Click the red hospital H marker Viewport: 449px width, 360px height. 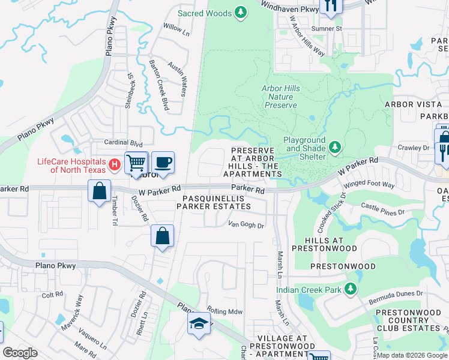[x=114, y=164]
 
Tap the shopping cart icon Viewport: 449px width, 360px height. [x=136, y=162]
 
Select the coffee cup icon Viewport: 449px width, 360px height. [x=162, y=162]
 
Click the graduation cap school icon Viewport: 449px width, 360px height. [x=197, y=324]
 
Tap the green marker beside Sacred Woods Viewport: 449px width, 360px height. [x=241, y=12]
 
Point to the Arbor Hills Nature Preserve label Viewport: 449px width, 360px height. [x=279, y=97]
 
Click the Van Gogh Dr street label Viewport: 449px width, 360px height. [x=246, y=226]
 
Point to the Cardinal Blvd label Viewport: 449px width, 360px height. [x=124, y=144]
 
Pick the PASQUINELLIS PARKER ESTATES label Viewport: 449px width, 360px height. [x=213, y=202]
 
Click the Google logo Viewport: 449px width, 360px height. [x=20, y=353]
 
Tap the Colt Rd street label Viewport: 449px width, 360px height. [x=52, y=295]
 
